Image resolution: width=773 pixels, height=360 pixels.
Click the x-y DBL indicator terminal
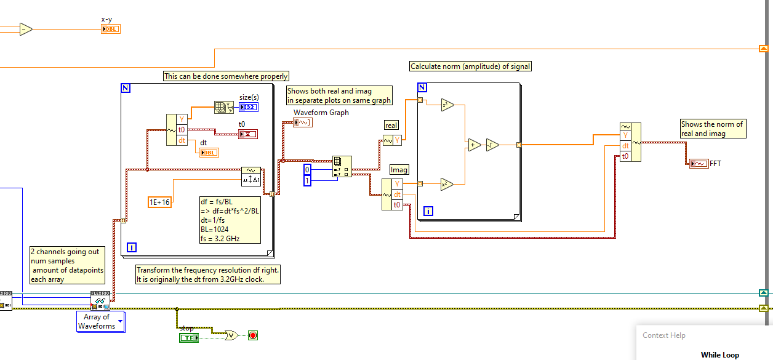point(110,29)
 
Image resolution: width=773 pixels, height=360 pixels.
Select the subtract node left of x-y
point(25,29)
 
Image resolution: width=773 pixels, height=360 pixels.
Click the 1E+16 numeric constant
point(159,202)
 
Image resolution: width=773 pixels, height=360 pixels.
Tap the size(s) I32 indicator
point(249,108)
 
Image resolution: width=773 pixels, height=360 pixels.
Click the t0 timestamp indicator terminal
point(248,134)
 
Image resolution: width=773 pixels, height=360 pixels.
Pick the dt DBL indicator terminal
point(209,152)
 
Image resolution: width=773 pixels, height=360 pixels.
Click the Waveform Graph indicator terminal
point(302,122)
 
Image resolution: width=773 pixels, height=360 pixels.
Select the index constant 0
point(308,169)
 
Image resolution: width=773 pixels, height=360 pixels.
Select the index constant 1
point(308,180)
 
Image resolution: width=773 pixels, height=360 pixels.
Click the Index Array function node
point(342,167)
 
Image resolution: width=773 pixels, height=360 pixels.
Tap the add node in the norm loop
point(473,145)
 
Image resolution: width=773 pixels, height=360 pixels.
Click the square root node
point(491,145)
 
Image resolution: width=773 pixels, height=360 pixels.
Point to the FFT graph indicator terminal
point(699,163)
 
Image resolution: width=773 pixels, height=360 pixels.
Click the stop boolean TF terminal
point(188,337)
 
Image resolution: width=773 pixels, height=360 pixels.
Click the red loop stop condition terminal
point(252,335)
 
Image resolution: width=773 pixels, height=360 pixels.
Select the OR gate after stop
point(231,335)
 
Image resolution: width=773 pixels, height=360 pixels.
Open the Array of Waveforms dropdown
point(120,321)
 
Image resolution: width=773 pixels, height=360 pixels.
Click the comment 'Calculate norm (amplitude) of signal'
point(470,66)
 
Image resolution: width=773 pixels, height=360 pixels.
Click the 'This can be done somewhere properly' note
point(226,76)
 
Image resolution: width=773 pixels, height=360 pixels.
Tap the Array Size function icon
point(222,108)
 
